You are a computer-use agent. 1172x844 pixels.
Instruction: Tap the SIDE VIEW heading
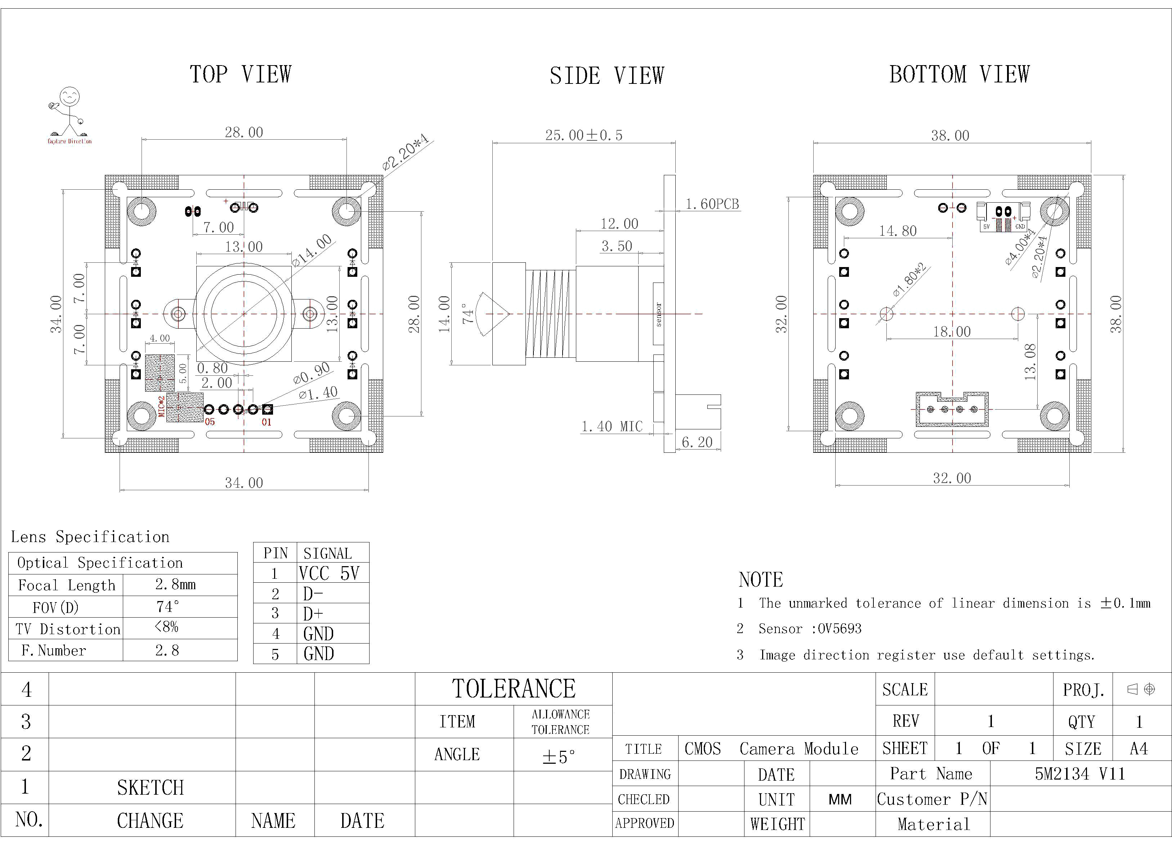pyautogui.click(x=607, y=76)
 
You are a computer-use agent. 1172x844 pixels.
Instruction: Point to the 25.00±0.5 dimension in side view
pyautogui.click(x=583, y=135)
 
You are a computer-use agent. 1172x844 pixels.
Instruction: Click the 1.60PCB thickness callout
pyautogui.click(x=712, y=204)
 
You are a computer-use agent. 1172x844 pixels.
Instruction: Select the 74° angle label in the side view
pyautogui.click(x=468, y=313)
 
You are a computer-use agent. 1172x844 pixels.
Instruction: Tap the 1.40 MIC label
pyautogui.click(x=612, y=426)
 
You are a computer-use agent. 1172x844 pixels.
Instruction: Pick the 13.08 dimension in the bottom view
pyautogui.click(x=1030, y=362)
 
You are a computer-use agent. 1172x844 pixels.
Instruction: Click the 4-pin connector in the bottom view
pyautogui.click(x=952, y=409)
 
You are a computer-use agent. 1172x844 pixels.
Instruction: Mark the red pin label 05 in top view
pyautogui.click(x=210, y=422)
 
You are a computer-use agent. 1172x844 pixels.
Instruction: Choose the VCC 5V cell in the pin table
pyautogui.click(x=328, y=573)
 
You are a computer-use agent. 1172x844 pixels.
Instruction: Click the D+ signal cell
pyautogui.click(x=313, y=614)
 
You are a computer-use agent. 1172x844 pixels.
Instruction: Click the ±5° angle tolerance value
pyautogui.click(x=558, y=757)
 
